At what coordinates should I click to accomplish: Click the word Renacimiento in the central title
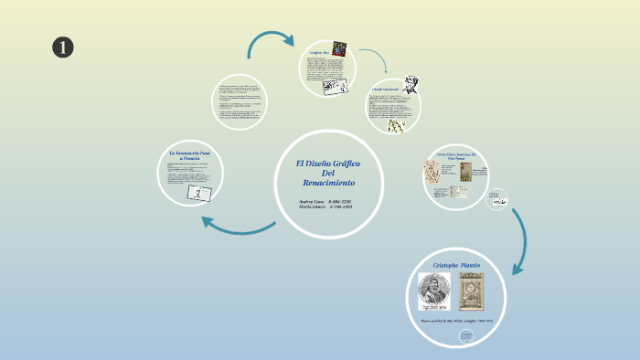pos(328,184)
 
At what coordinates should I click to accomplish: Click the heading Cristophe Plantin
pos(455,265)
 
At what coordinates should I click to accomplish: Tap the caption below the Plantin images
pos(455,320)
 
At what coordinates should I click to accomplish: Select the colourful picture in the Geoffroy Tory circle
pos(339,48)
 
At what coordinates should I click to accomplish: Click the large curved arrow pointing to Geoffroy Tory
pos(270,40)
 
